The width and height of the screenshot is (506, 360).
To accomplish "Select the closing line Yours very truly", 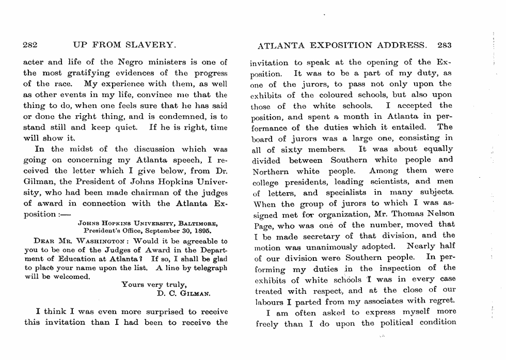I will [x=151, y=284].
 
